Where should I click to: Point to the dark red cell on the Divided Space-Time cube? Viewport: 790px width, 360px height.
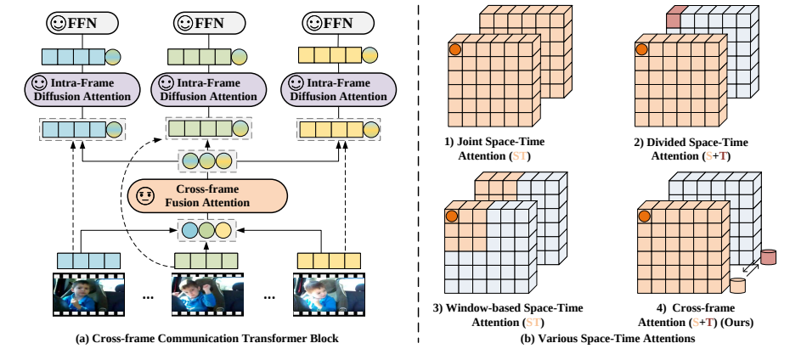pos(675,14)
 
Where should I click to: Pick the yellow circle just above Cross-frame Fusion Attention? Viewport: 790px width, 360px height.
pos(224,161)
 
